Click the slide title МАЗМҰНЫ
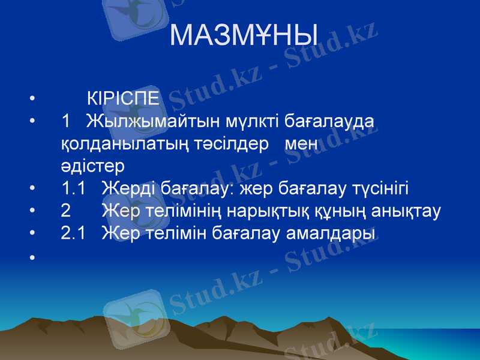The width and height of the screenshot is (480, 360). (244, 35)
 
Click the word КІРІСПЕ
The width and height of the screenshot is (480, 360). (123, 97)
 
